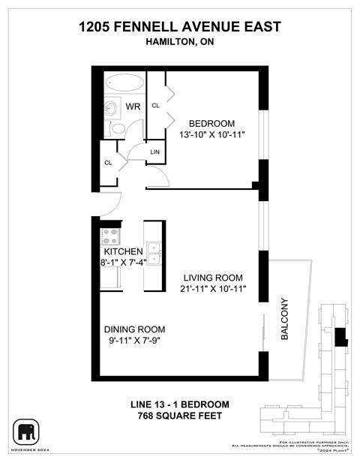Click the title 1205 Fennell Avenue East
180,27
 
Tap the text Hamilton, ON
180,43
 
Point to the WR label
133,107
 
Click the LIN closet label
155,152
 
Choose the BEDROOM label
211,123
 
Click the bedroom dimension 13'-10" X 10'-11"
211,134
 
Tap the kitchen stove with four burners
110,236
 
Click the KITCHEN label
123,251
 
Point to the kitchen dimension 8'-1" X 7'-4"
124,263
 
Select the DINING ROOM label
134,329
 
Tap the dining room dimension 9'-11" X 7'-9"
134,341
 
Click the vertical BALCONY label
285,320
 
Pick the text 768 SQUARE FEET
180,416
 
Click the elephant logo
27,431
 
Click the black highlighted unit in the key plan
341,337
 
